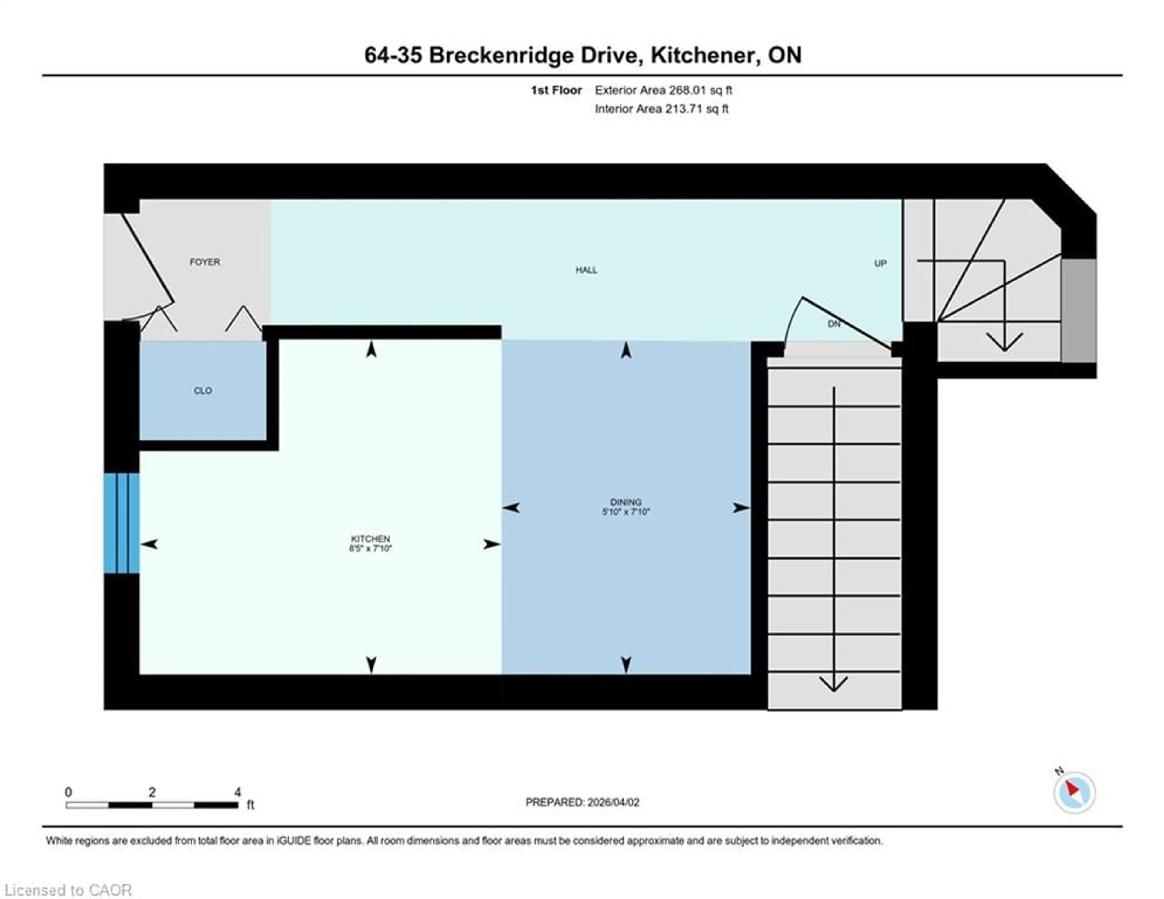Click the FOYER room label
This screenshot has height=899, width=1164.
click(x=205, y=262)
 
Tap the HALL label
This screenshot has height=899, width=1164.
click(x=586, y=270)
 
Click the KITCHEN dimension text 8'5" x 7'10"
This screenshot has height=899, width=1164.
click(x=370, y=548)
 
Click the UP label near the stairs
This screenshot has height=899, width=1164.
click(x=880, y=263)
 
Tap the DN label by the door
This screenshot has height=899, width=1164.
click(x=834, y=324)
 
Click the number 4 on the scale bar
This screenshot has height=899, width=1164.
click(x=238, y=792)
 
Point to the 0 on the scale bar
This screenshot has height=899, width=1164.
click(x=68, y=792)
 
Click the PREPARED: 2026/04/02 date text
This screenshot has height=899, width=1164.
click(x=582, y=802)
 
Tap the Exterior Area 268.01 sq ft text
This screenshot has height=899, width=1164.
click(x=663, y=90)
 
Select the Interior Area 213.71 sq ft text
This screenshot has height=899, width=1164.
click(x=661, y=109)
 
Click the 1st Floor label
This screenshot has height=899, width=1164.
click(x=556, y=90)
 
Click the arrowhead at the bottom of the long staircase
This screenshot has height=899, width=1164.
click(x=834, y=684)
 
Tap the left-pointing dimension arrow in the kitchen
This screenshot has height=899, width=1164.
click(x=149, y=544)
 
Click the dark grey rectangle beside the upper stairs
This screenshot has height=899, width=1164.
click(x=1078, y=310)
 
